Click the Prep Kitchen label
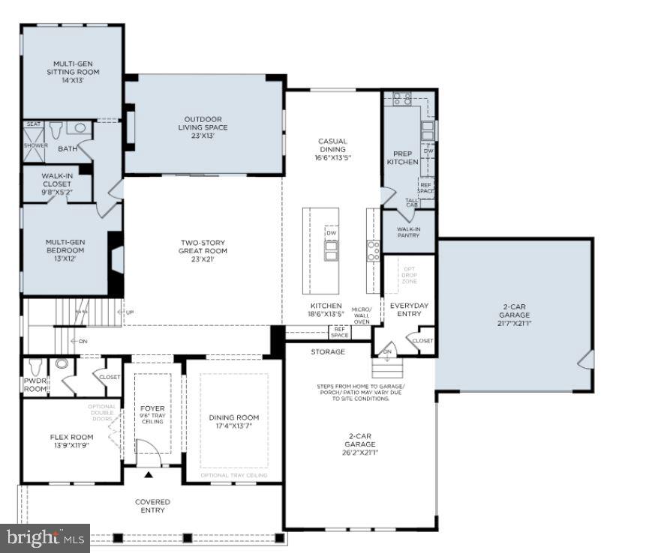[x=402, y=157]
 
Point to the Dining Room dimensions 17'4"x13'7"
[x=234, y=426]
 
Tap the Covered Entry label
[x=152, y=506]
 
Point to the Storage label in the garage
[x=328, y=351]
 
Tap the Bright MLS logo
[x=44, y=537]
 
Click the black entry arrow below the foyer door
[x=149, y=475]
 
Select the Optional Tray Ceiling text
[x=234, y=475]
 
